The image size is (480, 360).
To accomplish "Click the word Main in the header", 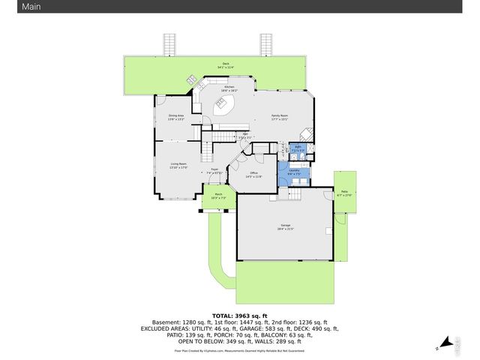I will click(x=12, y=7).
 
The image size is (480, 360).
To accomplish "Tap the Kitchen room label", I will click(x=229, y=88).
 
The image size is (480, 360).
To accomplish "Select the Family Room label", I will click(x=280, y=116).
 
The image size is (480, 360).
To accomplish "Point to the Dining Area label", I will click(x=176, y=117).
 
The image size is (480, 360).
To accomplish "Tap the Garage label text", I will click(x=285, y=228).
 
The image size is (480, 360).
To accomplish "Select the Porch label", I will click(x=218, y=196).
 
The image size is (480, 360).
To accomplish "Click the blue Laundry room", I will click(x=293, y=172).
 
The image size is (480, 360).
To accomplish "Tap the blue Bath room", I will click(x=297, y=149).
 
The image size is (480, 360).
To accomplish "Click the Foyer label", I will click(x=214, y=171).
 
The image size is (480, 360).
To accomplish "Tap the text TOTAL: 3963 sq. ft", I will click(x=239, y=315).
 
